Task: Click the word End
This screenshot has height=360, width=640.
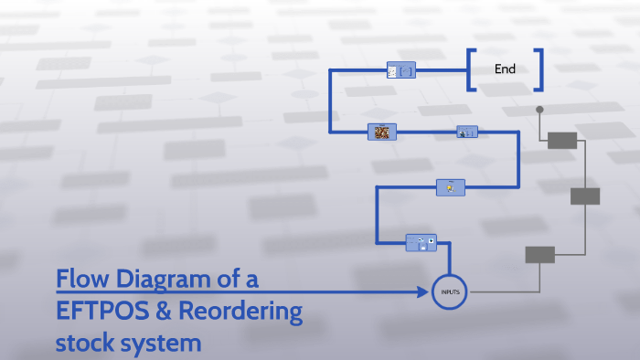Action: click(x=505, y=69)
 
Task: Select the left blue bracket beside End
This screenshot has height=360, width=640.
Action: click(x=470, y=69)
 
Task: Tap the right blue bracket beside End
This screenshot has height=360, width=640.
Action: click(x=539, y=69)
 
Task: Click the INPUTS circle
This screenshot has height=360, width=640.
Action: click(x=450, y=291)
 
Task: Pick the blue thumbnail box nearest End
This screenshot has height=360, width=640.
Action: click(x=401, y=70)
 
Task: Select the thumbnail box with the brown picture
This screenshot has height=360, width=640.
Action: click(x=381, y=132)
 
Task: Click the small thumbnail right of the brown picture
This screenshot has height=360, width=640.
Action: click(x=466, y=132)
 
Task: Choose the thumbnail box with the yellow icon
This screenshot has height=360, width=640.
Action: click(x=450, y=187)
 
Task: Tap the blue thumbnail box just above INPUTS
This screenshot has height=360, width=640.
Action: click(x=421, y=242)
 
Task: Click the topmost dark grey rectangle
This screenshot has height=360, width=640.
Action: click(x=561, y=140)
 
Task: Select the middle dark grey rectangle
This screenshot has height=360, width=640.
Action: click(x=585, y=196)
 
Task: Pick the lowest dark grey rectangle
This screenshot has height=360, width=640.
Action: click(x=539, y=255)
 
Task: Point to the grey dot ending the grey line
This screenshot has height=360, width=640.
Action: click(x=539, y=110)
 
